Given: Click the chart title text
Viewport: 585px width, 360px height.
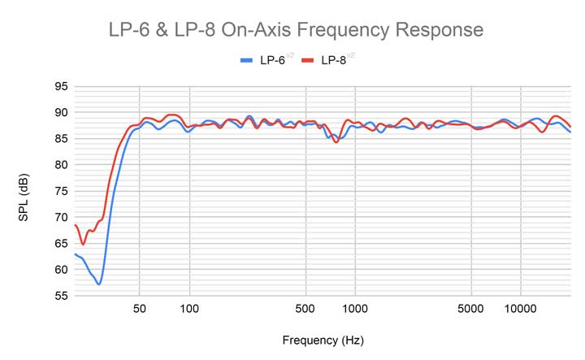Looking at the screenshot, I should [296, 30].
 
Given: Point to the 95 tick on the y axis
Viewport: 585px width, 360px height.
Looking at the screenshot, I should [60, 86].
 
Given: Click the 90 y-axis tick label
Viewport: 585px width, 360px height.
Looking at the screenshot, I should [60, 112].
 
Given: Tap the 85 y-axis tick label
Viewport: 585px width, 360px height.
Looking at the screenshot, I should [60, 138].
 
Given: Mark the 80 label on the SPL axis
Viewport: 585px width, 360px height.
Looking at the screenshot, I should [60, 164].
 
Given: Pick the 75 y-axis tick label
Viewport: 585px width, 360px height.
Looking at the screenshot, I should [60, 191].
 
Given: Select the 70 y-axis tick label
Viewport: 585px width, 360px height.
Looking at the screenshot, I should [60, 217].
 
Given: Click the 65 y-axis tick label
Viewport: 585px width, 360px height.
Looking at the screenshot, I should [60, 243].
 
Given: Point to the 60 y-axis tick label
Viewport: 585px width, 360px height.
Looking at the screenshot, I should [60, 270].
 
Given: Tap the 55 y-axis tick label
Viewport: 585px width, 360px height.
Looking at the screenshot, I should [60, 296].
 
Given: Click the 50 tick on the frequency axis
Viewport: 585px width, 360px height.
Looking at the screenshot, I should [140, 309].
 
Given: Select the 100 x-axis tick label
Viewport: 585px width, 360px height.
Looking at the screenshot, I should [189, 309].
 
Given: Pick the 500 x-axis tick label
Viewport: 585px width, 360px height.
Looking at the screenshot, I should [305, 309].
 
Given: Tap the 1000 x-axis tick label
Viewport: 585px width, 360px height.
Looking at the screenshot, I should [355, 309].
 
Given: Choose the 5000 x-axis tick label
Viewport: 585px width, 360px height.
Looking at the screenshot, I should [470, 309].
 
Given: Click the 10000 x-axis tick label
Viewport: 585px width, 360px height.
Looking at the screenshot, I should [520, 309].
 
